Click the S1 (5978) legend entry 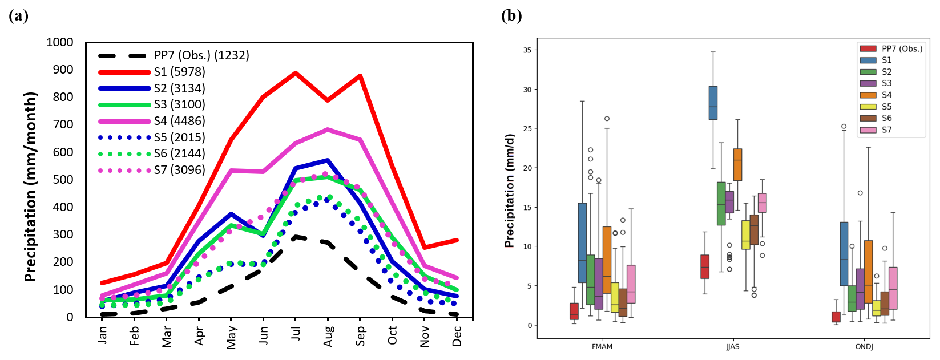coord(179,72)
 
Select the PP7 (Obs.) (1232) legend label coord(201,55)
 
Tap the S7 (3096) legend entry coord(179,170)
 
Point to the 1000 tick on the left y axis coord(60,42)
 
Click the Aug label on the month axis coord(328,337)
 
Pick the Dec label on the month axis coord(457,335)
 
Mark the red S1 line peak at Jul coord(295,72)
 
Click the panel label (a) coord(18,15)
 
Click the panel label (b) coord(511,15)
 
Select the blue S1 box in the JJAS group coord(713,103)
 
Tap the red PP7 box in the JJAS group coord(705,266)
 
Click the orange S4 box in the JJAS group coord(737,164)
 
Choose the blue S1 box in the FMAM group coord(582,242)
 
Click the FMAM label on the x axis coord(602,346)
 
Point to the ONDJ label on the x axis coord(864,346)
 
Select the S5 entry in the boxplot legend coord(886,107)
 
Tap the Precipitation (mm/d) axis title coord(509,191)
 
